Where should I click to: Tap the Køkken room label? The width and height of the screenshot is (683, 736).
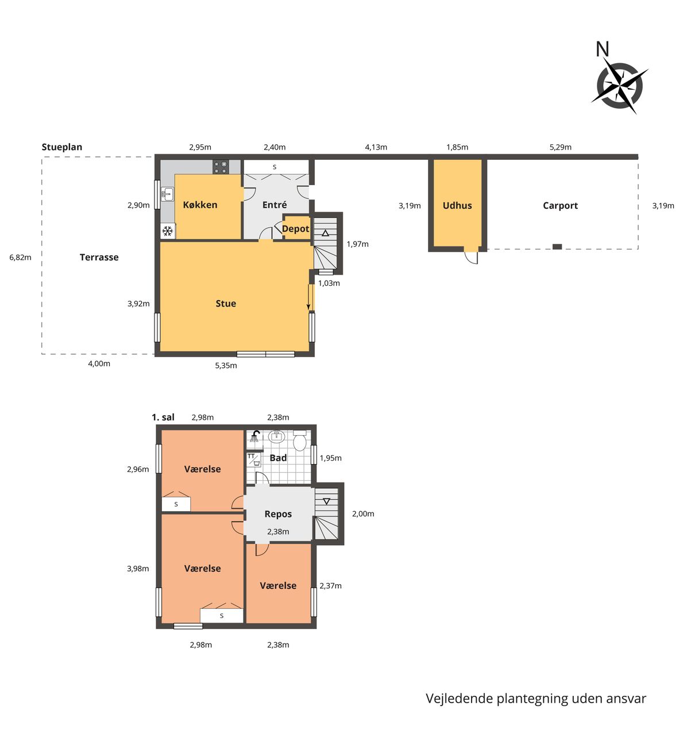200,205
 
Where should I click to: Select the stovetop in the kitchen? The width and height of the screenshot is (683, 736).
221,167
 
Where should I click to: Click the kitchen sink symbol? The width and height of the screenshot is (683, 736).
167,194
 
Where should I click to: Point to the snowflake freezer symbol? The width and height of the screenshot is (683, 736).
168,232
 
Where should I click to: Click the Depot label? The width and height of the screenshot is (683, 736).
296,229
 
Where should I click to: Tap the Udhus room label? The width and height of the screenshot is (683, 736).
457,206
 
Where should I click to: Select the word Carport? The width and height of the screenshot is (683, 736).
561,206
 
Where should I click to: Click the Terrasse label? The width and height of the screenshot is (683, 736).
99,257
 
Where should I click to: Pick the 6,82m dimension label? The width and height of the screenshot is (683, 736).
20,257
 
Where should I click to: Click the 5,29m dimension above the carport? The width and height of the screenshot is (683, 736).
561,147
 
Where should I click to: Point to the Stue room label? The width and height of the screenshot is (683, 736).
226,304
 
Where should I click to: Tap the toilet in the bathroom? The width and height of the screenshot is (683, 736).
300,440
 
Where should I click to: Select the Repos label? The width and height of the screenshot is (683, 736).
278,515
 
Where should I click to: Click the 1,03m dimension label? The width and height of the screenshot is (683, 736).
329,283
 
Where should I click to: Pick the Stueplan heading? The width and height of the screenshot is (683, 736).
62,147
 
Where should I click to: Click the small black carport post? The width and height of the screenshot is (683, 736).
557,247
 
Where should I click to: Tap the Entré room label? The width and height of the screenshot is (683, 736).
275,205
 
